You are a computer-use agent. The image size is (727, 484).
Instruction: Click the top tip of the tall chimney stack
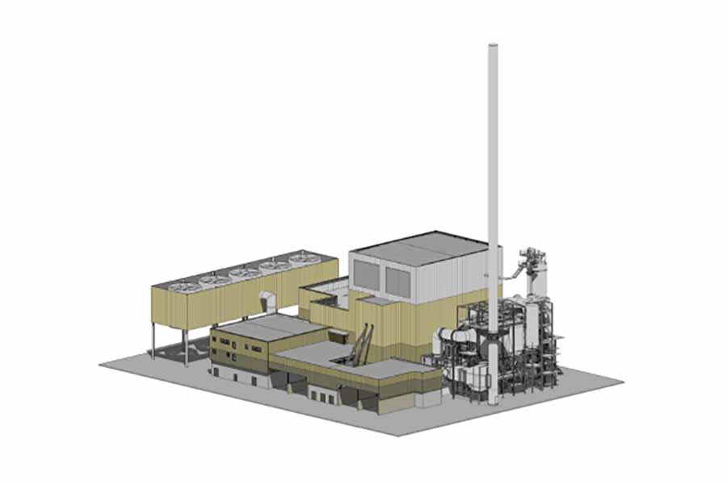coord(494,47)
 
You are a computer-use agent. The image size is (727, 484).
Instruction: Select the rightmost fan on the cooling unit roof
coord(303,258)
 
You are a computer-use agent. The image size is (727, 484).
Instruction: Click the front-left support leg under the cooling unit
coord(153,343)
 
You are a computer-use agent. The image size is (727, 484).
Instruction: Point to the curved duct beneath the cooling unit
coord(268,302)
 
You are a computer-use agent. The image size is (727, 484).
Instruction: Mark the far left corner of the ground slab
coord(101,365)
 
